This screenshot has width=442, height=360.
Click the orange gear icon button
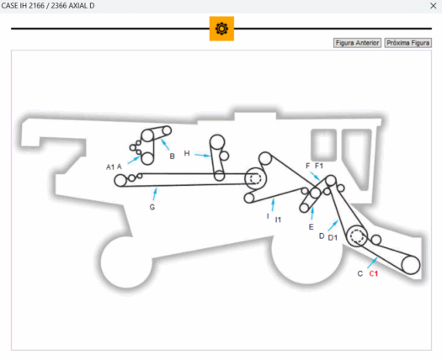pos(221,29)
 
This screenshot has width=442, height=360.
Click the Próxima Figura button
pos(407,43)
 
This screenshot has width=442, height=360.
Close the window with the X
pos(434,6)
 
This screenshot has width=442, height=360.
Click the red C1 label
pos(374,273)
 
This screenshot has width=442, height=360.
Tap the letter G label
pos(152,207)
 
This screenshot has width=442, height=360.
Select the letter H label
pos(187,153)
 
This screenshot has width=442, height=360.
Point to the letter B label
pos(173,156)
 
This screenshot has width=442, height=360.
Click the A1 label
pos(110,167)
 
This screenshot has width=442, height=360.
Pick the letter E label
pos(311,227)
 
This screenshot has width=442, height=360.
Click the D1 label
pos(333,238)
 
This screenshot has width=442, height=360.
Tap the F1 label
pos(319,166)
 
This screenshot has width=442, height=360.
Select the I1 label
pos(278,220)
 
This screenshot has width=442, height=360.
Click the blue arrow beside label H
pos(202,155)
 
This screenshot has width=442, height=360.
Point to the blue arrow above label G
pos(155,194)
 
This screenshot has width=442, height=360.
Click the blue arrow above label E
pos(312,214)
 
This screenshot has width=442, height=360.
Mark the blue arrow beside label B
pos(165,145)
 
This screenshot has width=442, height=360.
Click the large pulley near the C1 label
pos(411,265)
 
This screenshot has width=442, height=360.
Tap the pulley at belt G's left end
pos(120,181)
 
